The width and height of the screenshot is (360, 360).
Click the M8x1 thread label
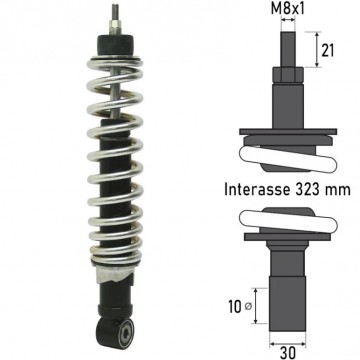tap(288, 9)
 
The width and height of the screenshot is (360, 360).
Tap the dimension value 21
tap(327, 50)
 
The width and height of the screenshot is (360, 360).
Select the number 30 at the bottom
tap(287, 353)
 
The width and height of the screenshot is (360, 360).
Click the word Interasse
tap(256, 190)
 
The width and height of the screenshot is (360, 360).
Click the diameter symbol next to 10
tap(248, 307)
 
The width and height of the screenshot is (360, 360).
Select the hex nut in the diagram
tap(288, 75)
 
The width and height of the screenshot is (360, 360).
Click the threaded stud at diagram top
tap(288, 49)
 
